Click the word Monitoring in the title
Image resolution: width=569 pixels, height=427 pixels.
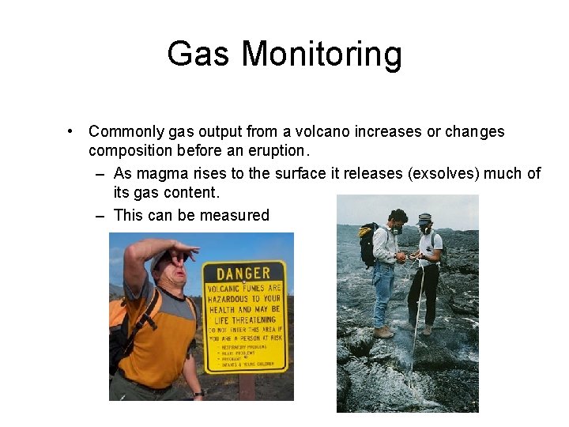tap(322, 55)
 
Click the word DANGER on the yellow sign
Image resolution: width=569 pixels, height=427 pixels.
tap(243, 274)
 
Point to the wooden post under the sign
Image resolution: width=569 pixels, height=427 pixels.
tap(246, 387)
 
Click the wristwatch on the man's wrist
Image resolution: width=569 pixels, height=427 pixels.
tap(198, 392)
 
